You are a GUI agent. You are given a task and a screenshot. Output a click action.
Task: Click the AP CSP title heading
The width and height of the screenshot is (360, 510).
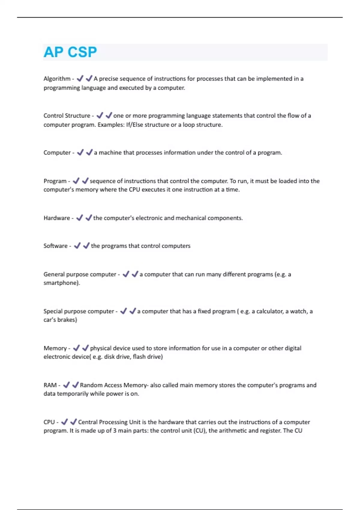(x=70, y=52)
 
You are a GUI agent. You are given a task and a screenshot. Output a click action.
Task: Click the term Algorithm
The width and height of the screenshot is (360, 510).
(x=57, y=79)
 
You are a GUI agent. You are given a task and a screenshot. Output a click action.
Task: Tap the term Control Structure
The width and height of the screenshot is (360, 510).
(x=67, y=116)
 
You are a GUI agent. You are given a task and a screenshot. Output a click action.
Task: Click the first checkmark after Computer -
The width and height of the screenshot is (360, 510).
(x=80, y=153)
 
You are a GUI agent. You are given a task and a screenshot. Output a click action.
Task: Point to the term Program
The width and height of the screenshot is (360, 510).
(x=55, y=181)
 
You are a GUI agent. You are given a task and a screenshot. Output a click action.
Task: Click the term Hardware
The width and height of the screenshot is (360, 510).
(x=57, y=218)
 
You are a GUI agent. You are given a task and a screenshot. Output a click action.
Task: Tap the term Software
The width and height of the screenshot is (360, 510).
(x=55, y=246)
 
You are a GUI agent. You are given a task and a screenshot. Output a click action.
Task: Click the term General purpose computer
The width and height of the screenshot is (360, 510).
(x=80, y=274)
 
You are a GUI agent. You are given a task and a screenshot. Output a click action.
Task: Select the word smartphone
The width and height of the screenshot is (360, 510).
(x=61, y=283)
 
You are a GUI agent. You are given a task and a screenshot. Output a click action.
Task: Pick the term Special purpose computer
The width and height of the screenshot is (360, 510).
(x=79, y=311)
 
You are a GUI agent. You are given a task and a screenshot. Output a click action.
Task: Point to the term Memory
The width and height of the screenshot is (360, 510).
(x=55, y=348)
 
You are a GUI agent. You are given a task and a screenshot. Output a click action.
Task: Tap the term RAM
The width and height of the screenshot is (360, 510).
(x=50, y=385)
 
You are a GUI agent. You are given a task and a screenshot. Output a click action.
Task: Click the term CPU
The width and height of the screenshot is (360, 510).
(x=49, y=422)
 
